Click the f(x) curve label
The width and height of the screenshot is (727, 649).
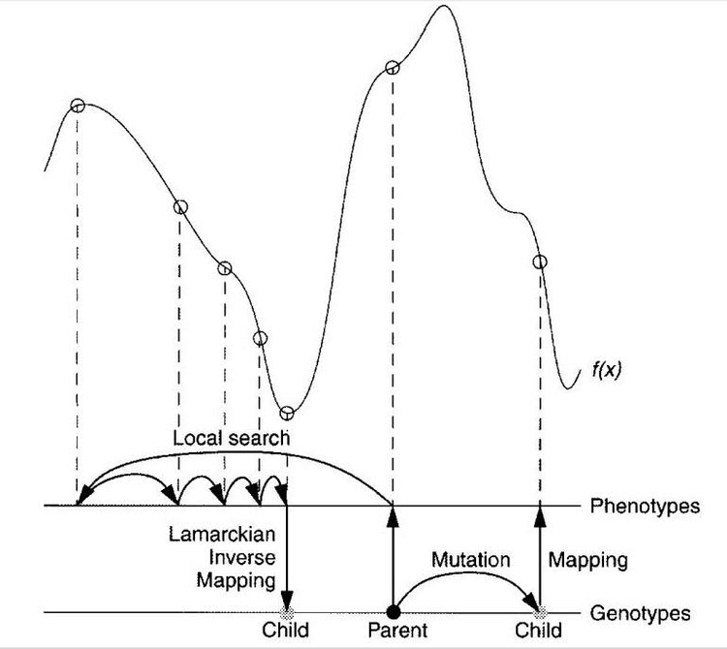(x=607, y=370)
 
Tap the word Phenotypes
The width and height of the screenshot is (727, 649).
(x=645, y=506)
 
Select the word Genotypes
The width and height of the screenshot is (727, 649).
(x=640, y=613)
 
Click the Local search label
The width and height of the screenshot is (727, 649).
(x=231, y=438)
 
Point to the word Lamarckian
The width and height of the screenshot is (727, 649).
(x=222, y=534)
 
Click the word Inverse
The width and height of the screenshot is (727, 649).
(x=242, y=557)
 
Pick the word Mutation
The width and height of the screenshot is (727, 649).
(x=470, y=560)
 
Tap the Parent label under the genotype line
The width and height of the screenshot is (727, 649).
(x=397, y=630)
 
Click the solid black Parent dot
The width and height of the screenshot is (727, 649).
(x=394, y=612)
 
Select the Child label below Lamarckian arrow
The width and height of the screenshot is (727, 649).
(x=285, y=630)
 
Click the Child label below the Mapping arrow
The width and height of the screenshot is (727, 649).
(x=538, y=630)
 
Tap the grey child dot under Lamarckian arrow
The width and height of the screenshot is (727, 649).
(x=288, y=613)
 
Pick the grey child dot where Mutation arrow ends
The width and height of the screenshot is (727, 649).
(x=540, y=613)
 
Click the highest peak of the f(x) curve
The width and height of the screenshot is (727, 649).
(x=444, y=6)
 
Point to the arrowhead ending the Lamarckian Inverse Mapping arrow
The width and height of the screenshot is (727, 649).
(x=288, y=599)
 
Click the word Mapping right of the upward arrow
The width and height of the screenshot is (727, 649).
(x=588, y=561)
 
